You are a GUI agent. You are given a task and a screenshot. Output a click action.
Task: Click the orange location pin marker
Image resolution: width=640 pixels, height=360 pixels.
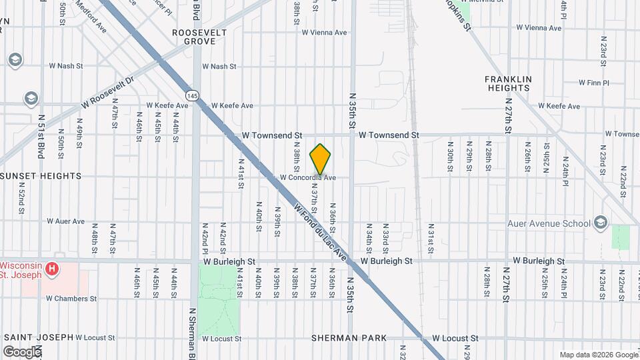pyautogui.click(x=321, y=159)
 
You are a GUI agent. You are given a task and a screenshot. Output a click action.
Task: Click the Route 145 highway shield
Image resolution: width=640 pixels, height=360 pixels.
pyautogui.click(x=193, y=96)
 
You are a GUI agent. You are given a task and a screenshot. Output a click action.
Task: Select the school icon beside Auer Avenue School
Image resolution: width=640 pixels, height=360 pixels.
pyautogui.click(x=601, y=223)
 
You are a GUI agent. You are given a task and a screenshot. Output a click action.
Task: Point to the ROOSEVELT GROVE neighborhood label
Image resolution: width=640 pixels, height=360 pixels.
pyautogui.click(x=194, y=37)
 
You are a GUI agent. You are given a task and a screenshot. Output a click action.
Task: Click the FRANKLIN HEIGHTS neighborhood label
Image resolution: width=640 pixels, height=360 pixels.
pyautogui.click(x=508, y=83)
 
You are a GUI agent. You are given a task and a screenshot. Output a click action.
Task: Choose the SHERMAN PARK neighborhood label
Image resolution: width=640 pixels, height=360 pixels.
pyautogui.click(x=349, y=338)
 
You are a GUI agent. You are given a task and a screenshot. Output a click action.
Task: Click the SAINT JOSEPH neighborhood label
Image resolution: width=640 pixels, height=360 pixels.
pyautogui.click(x=37, y=337)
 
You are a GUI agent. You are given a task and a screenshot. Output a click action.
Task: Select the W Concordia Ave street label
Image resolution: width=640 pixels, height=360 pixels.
pyautogui.click(x=307, y=178)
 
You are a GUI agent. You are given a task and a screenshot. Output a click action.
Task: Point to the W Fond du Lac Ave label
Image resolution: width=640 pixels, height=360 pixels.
pyautogui.click(x=321, y=233)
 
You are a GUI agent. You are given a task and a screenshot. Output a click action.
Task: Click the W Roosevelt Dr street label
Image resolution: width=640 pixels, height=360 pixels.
pyautogui.click(x=107, y=92)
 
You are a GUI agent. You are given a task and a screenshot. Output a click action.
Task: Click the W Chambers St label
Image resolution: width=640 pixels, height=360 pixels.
pyautogui.click(x=72, y=299)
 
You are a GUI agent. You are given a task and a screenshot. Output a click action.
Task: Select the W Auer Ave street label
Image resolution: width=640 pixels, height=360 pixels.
pyautogui.click(x=65, y=221)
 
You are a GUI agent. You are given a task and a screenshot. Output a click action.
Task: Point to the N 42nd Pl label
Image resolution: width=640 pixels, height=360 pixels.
pyautogui.click(x=205, y=239)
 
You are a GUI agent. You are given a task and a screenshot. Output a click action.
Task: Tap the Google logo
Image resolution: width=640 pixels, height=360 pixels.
pyautogui.click(x=22, y=351)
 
